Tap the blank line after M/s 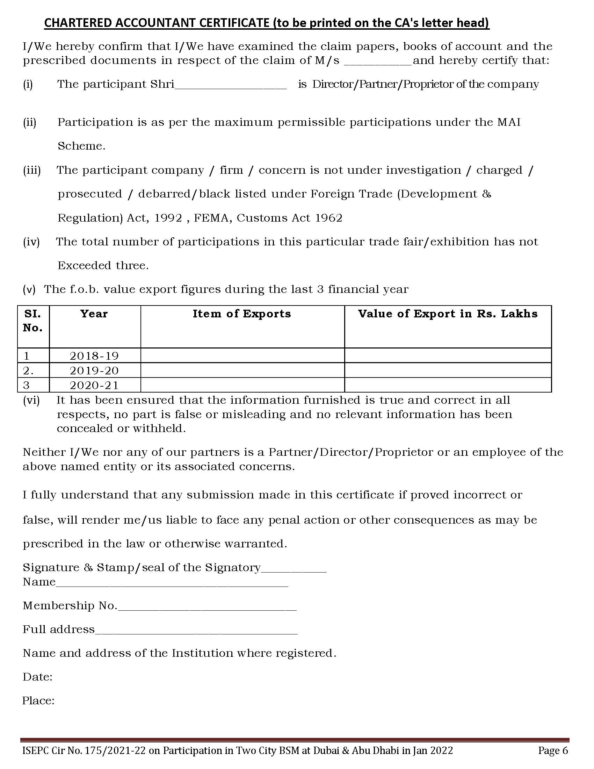pyautogui.click(x=377, y=63)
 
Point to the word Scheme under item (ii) pyautogui.click(x=81, y=146)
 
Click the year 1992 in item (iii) pyautogui.click(x=168, y=218)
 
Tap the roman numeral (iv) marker pyautogui.click(x=31, y=242)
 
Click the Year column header pyautogui.click(x=94, y=314)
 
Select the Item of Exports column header pyautogui.click(x=242, y=314)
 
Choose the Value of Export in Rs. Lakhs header pyautogui.click(x=448, y=314)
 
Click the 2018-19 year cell pyautogui.click(x=94, y=356)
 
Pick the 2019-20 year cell pyautogui.click(x=94, y=371)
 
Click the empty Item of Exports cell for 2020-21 pyautogui.click(x=242, y=385)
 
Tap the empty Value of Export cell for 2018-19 pyautogui.click(x=448, y=355)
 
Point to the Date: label pyautogui.click(x=38, y=677)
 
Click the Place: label pyautogui.click(x=38, y=700)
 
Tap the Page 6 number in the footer pyautogui.click(x=553, y=751)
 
